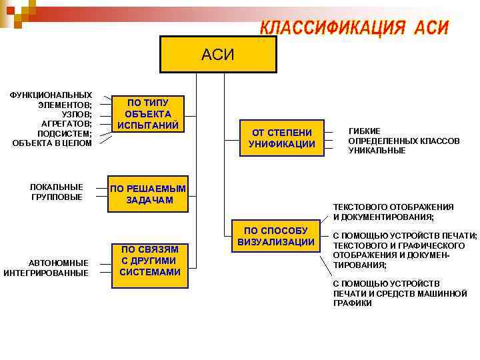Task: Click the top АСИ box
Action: tap(218, 54)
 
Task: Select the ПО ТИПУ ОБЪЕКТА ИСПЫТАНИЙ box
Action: tap(147, 113)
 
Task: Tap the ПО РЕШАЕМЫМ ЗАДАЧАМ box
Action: tap(149, 194)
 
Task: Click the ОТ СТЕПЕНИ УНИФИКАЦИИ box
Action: tap(281, 137)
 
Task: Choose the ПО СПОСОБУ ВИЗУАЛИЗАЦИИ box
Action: tap(275, 236)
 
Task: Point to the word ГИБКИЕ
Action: tap(365, 131)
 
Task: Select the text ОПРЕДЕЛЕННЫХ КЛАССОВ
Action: tap(403, 141)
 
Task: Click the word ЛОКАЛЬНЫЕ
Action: tap(57, 187)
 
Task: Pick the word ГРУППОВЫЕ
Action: tap(57, 197)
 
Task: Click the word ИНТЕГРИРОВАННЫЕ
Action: tap(46, 273)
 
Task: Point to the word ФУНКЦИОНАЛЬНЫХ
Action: tap(51, 95)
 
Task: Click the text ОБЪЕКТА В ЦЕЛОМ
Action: tap(52, 143)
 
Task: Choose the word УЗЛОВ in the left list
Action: tap(76, 114)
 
